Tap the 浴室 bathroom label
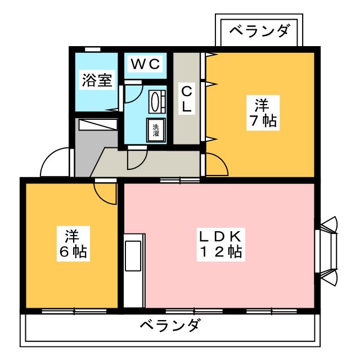point(97,80)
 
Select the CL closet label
point(186,98)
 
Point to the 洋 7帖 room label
point(260,112)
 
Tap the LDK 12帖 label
point(220,243)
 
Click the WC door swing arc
point(130,92)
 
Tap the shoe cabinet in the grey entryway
point(97,125)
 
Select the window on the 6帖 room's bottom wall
point(73,310)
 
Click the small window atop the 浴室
point(92,49)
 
